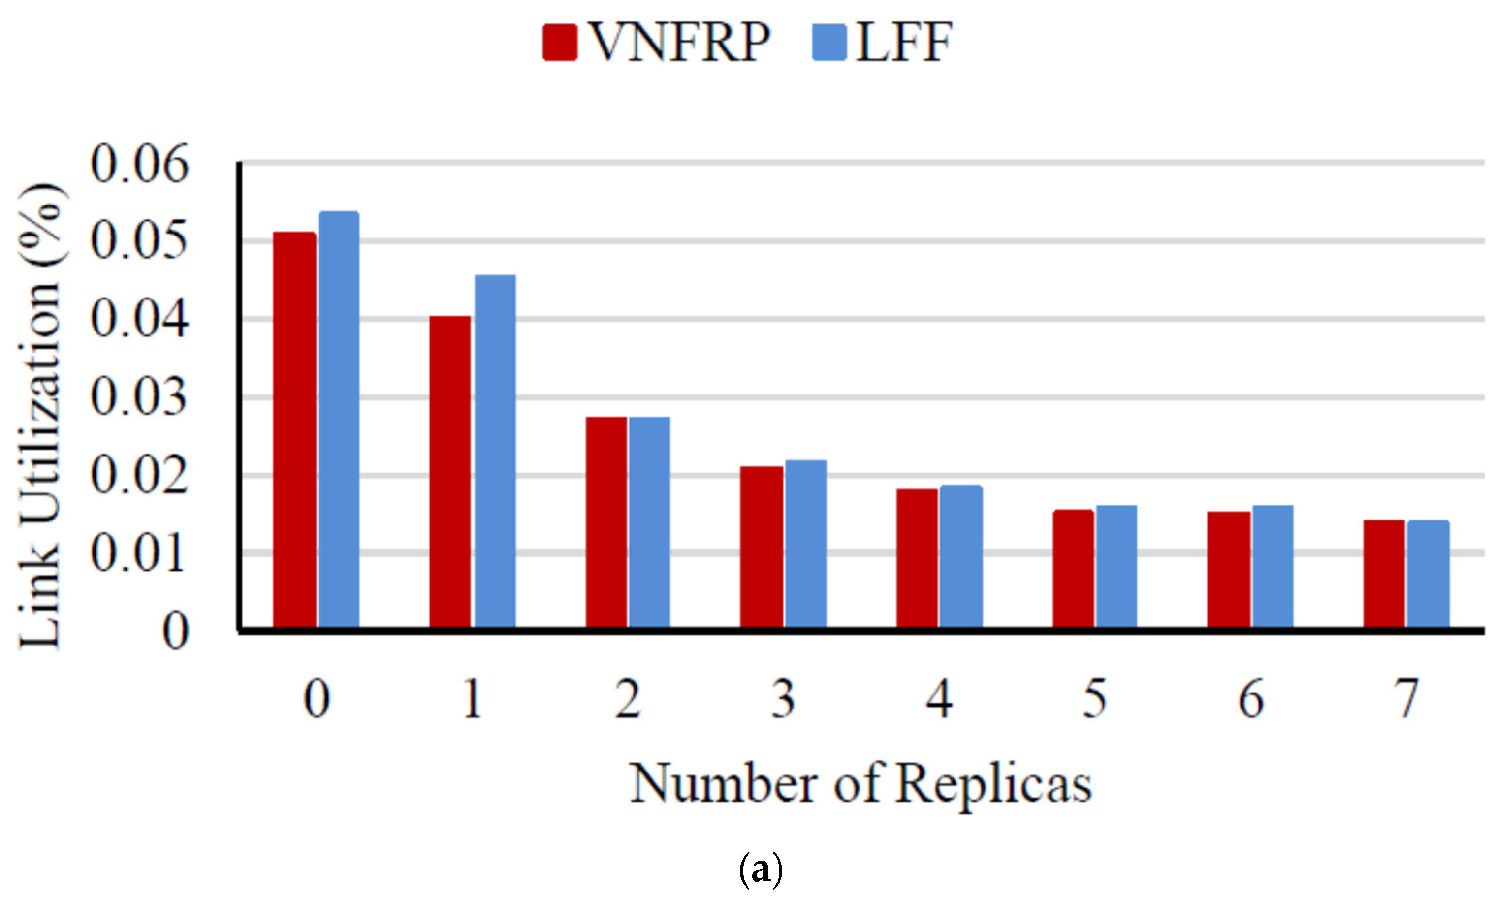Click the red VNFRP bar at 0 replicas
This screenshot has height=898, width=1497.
[x=294, y=430]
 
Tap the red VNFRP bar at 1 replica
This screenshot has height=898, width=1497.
[x=450, y=472]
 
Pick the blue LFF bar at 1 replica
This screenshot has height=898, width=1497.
[x=495, y=451]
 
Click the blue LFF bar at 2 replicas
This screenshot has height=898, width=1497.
[x=650, y=522]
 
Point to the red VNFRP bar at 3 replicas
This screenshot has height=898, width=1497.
[x=762, y=547]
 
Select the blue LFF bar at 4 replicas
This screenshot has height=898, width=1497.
[x=961, y=557]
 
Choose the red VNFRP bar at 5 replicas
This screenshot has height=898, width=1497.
[x=1073, y=569]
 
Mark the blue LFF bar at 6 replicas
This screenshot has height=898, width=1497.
[x=1273, y=567]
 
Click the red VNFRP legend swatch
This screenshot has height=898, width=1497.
[x=560, y=42]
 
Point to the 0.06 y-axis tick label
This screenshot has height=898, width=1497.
[x=139, y=165]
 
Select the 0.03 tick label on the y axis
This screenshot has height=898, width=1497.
[x=139, y=398]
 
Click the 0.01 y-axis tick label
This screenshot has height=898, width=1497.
[x=139, y=554]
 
